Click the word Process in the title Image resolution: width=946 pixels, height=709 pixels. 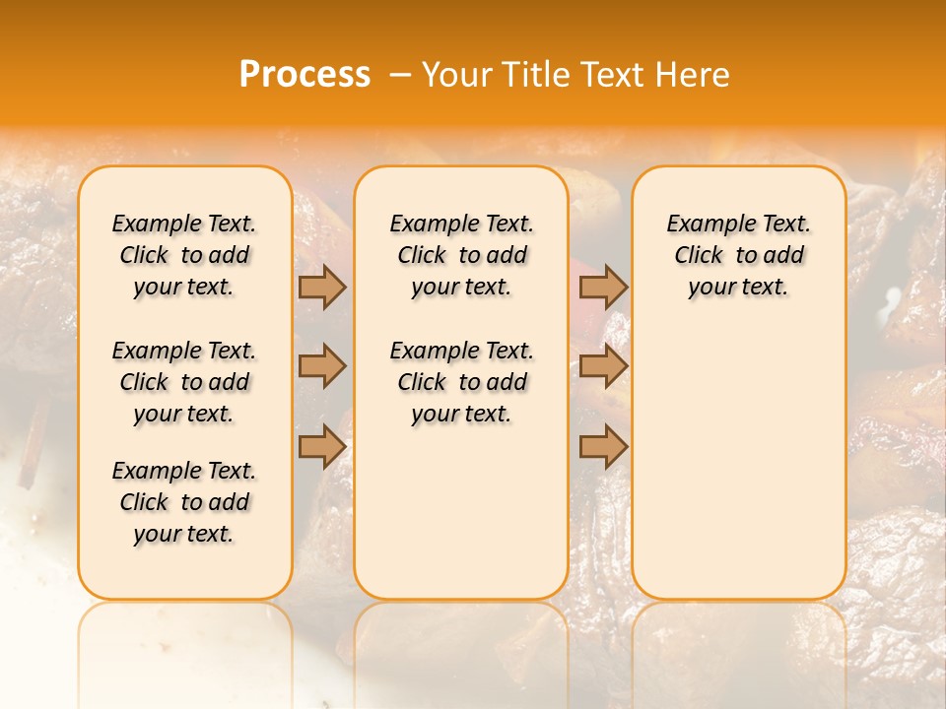tap(304, 74)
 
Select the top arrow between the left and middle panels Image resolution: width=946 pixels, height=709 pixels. tap(322, 288)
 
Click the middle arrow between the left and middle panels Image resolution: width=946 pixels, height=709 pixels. tap(322, 366)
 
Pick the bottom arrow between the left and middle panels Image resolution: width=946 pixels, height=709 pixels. tap(322, 446)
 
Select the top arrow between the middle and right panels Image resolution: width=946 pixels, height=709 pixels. tap(603, 288)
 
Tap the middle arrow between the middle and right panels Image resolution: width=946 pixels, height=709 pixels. tap(603, 366)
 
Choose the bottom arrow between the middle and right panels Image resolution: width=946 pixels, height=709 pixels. tap(603, 446)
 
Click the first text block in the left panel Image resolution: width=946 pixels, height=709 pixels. tap(184, 255)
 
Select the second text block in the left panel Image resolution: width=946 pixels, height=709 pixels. tap(184, 382)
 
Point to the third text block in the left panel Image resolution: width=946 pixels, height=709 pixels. tap(184, 502)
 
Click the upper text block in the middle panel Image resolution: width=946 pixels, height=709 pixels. tap(461, 255)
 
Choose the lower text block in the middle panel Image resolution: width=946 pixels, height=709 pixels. tap(461, 382)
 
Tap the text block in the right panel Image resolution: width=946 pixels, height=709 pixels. tap(738, 255)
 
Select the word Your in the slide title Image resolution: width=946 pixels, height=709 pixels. tap(458, 75)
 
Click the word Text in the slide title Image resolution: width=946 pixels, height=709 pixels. tap(613, 75)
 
